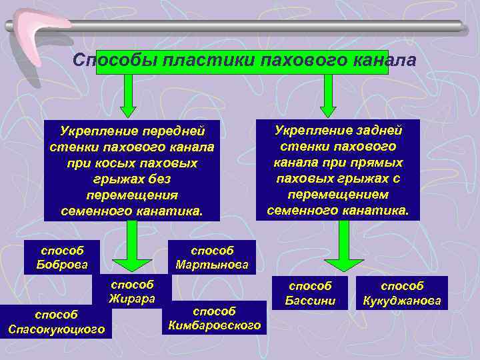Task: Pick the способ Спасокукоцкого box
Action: (x=57, y=321)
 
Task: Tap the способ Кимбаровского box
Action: (x=214, y=317)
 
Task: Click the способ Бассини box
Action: (x=309, y=293)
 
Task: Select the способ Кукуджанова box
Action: (x=402, y=293)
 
